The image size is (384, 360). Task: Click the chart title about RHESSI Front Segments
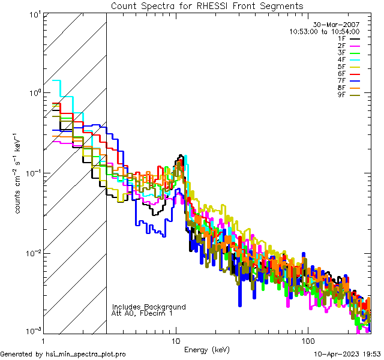(x=207, y=5)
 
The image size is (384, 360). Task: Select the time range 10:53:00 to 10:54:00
(x=324, y=31)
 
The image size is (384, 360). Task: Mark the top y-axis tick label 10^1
(x=34, y=14)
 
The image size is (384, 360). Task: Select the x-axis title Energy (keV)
(x=207, y=349)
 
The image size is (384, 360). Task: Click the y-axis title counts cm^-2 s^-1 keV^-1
(x=19, y=172)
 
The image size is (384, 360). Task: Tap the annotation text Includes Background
(x=149, y=307)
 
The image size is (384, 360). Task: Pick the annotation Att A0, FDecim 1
(x=143, y=313)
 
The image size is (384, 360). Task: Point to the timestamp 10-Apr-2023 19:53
(x=347, y=354)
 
